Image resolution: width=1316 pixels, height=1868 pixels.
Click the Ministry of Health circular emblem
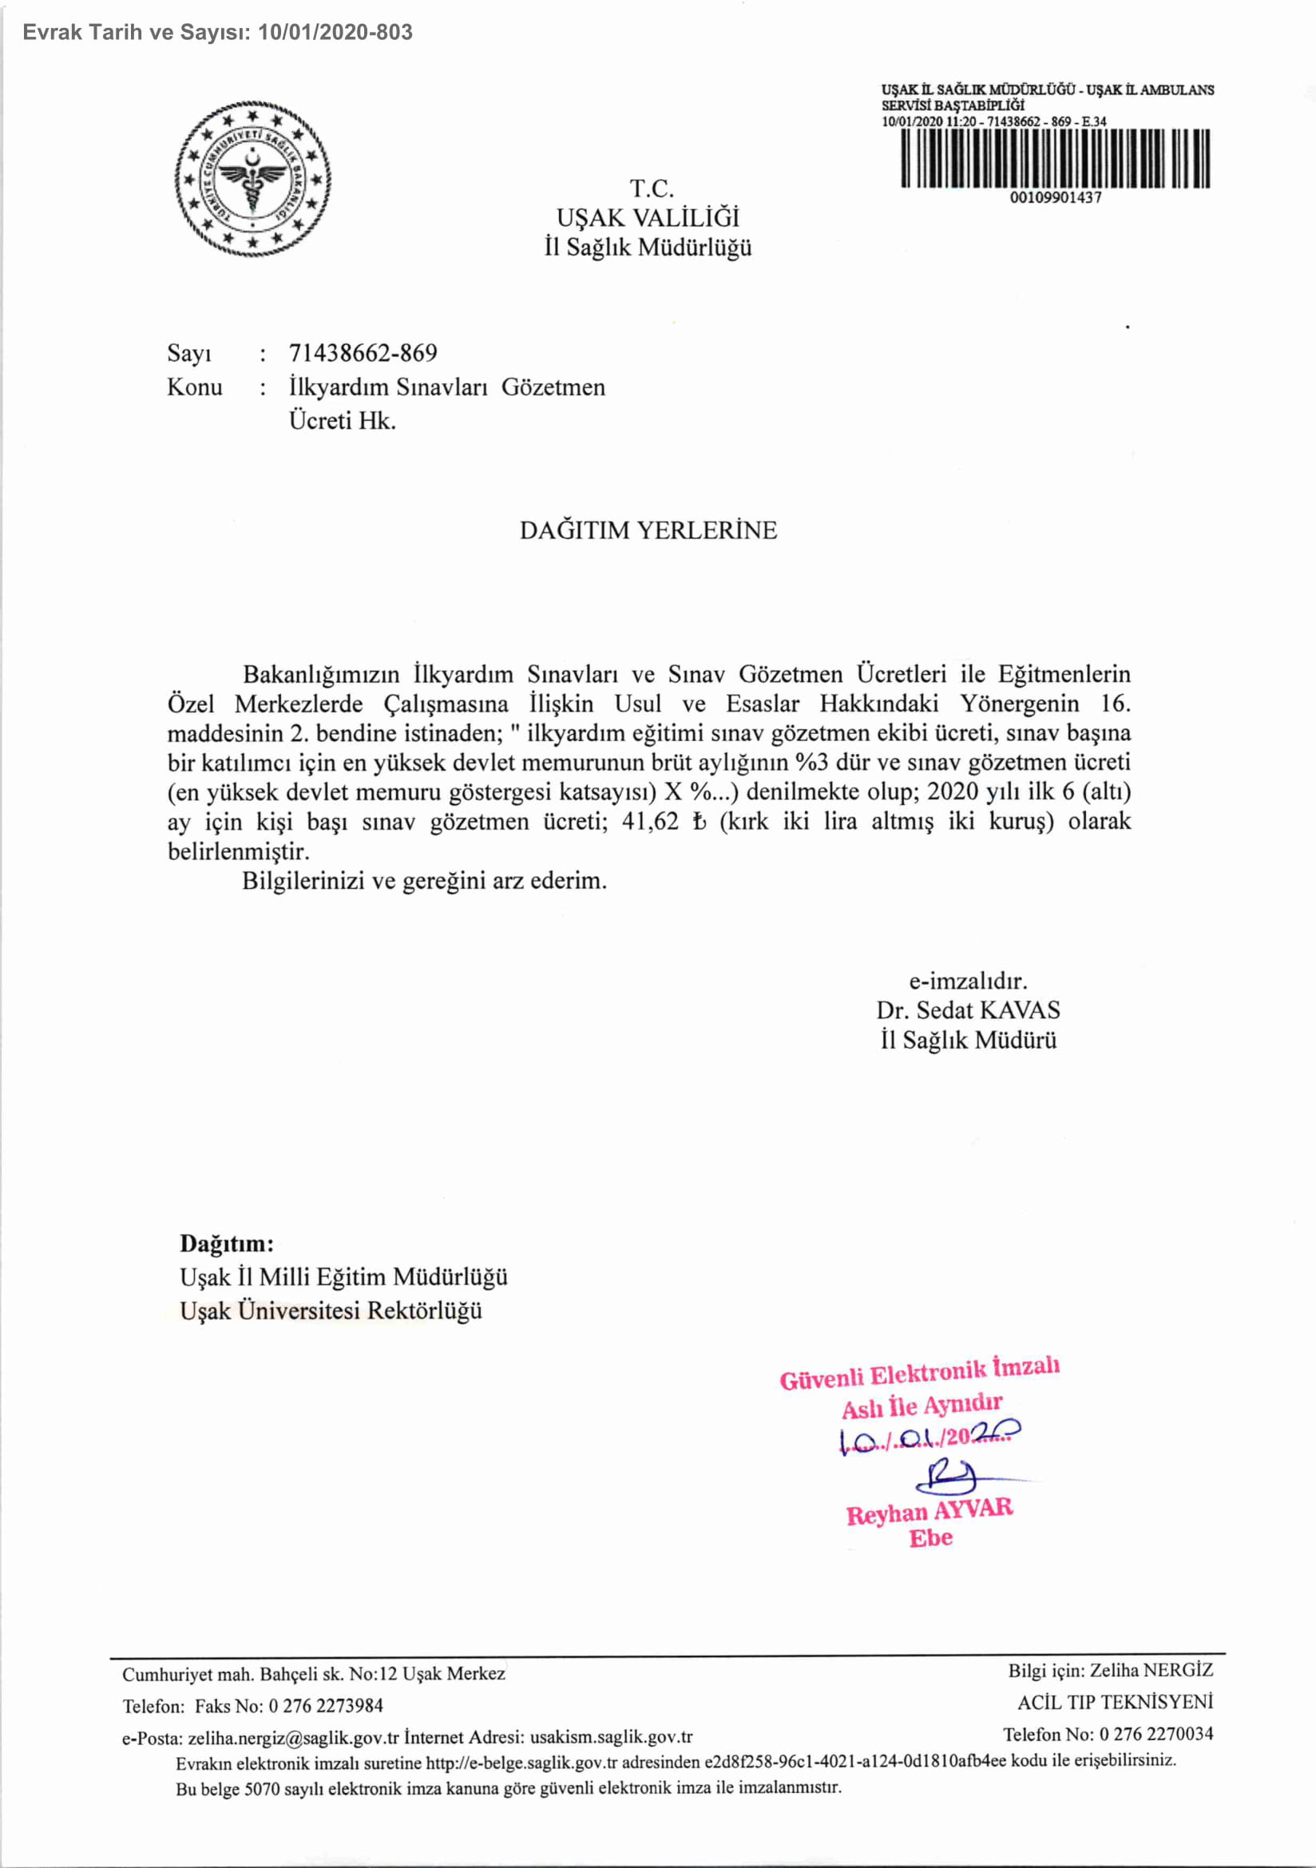[x=252, y=179]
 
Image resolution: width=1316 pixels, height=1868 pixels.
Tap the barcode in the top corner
[x=1055, y=159]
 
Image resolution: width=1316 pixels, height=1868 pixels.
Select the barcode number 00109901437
[x=1056, y=198]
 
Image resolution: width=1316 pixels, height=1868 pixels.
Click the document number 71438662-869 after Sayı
[x=363, y=353]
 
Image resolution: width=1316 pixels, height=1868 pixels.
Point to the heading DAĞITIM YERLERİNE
[x=648, y=530]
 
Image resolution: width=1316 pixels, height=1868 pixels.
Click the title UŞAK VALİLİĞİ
[x=648, y=218]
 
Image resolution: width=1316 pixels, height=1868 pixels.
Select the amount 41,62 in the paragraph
[x=650, y=822]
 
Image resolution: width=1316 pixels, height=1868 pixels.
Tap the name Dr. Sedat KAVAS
[x=968, y=1010]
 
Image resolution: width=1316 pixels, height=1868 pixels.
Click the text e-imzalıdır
[x=968, y=981]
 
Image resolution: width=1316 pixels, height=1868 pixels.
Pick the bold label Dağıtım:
[x=227, y=1243]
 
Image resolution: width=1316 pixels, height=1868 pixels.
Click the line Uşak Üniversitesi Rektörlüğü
[x=331, y=1311]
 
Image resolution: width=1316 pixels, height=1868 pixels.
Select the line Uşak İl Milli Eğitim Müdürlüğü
[x=343, y=1276]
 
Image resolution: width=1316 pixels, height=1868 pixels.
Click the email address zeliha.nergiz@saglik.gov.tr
[x=294, y=1737]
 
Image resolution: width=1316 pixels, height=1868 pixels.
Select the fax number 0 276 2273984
[x=326, y=1705]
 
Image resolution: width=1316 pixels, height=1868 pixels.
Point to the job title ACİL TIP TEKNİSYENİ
[x=1115, y=1702]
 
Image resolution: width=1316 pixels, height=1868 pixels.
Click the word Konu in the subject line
[x=194, y=387]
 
